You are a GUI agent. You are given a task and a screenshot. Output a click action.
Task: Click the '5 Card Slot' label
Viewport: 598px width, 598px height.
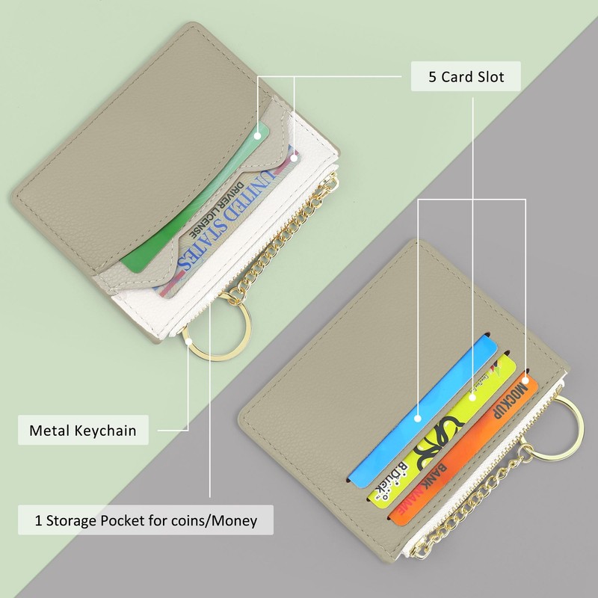[466, 77]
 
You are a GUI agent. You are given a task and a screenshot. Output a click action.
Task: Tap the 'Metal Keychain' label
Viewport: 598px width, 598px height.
[82, 431]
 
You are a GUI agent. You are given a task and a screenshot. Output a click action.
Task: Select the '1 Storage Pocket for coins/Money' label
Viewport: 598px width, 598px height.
[145, 520]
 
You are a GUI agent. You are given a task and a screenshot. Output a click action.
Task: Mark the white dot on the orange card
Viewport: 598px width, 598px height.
[525, 381]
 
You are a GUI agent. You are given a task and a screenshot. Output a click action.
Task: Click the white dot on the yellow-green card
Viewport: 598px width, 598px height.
[472, 397]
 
